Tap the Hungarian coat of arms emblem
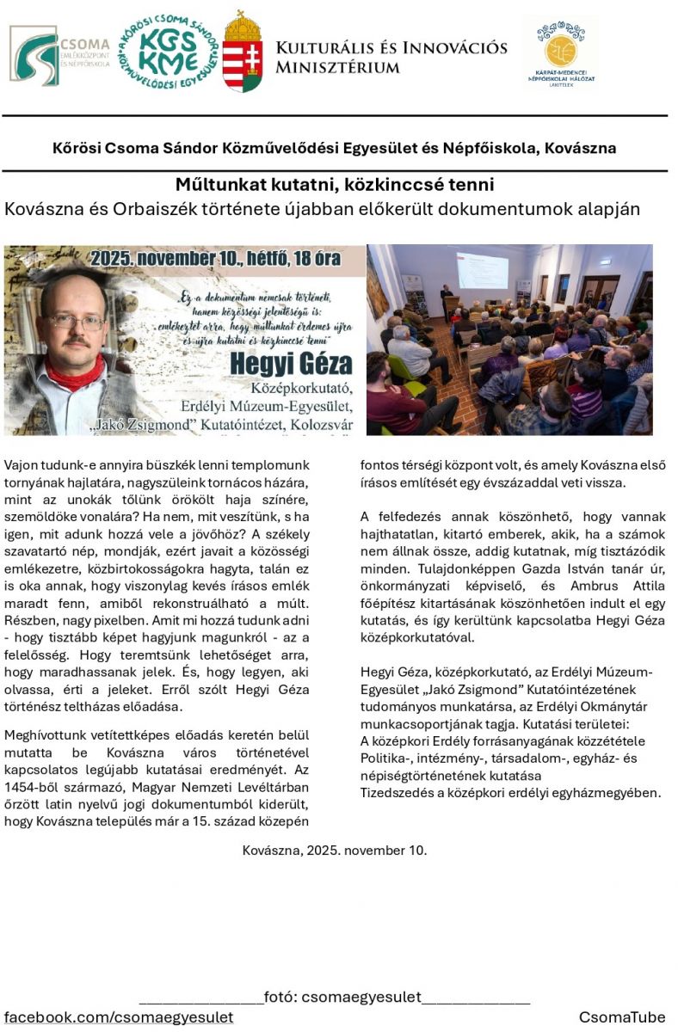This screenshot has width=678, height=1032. tap(243, 52)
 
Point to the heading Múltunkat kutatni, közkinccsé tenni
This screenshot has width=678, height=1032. tap(335, 185)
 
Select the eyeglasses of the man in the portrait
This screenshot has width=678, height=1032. tap(76, 321)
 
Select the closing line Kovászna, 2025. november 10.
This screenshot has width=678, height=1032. tap(335, 851)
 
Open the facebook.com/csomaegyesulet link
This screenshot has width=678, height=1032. tap(119, 1017)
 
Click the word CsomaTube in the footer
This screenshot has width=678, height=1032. tap(622, 1017)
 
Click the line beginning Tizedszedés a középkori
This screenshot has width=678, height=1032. tap(510, 792)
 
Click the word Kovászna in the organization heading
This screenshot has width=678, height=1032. tap(582, 147)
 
